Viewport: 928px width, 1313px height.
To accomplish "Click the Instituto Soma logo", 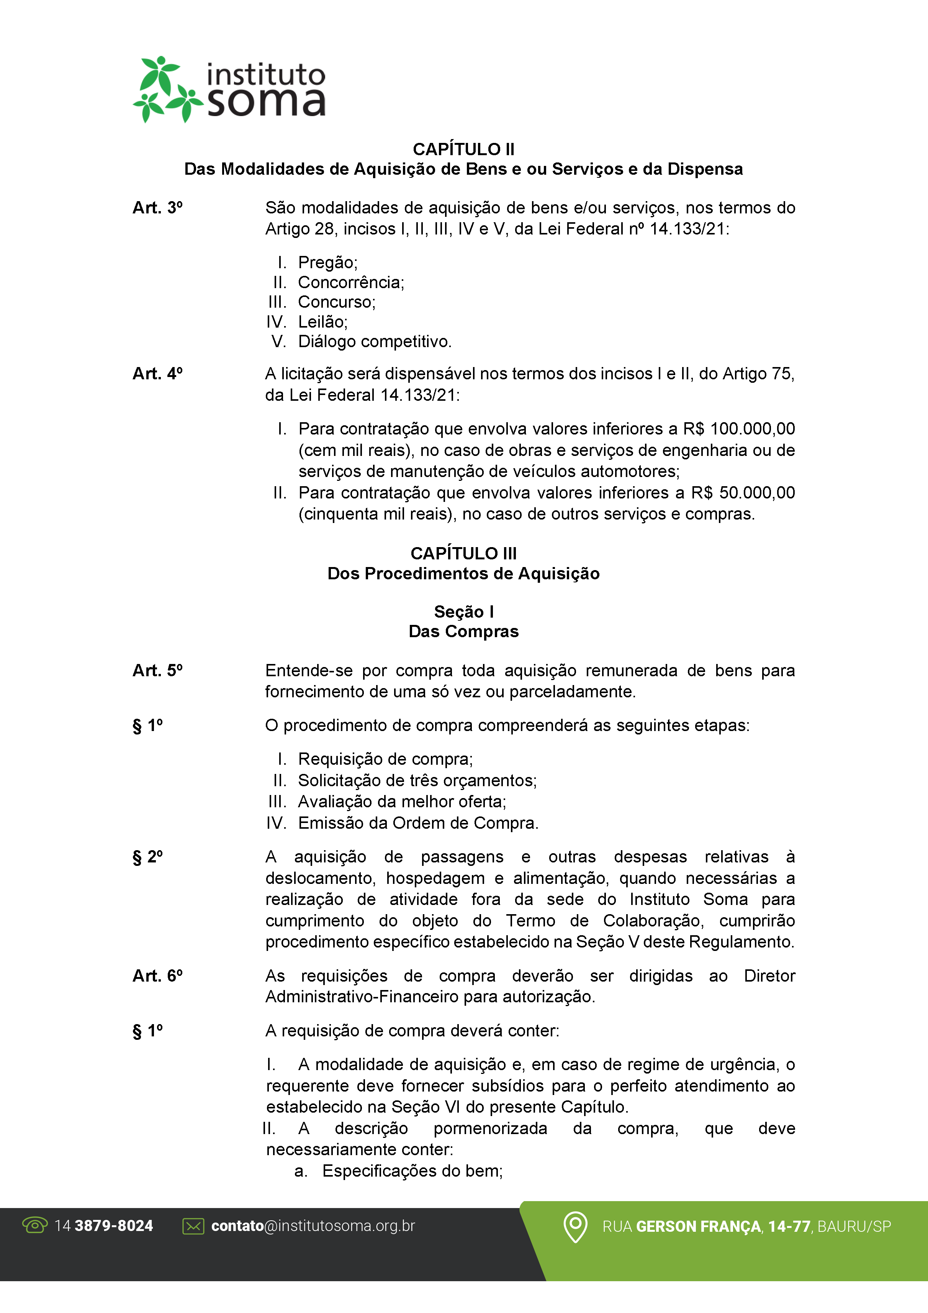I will click(229, 90).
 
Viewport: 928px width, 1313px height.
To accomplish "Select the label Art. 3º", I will click(157, 208).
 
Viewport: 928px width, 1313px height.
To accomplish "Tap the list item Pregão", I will click(327, 262).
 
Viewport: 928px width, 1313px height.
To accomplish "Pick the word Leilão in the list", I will click(322, 322).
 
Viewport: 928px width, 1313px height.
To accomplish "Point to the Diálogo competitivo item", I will click(375, 342).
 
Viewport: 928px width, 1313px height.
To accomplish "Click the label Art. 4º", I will click(157, 374).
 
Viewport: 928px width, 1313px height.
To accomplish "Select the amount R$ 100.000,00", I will click(739, 429).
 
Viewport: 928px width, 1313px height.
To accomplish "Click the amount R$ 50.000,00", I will click(743, 493).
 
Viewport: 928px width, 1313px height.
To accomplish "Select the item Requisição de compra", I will click(385, 759).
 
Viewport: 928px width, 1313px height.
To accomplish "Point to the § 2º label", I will click(147, 857).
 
